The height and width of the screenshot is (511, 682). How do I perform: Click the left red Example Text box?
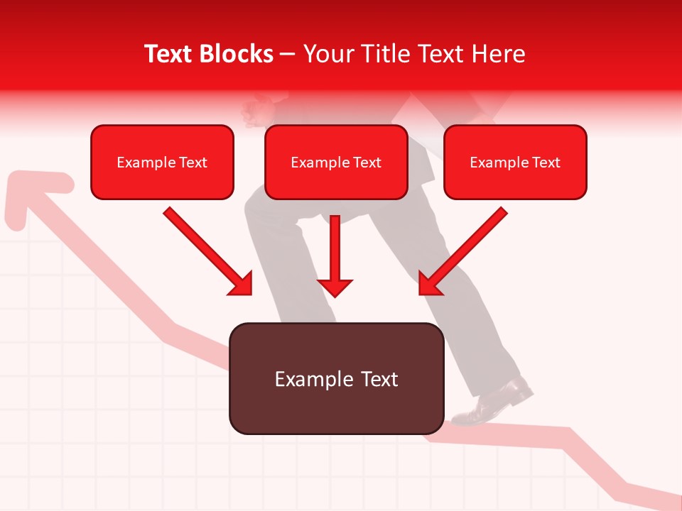[162, 162]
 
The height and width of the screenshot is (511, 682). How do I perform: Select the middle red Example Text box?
[336, 162]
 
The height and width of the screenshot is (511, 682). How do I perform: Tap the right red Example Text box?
[515, 162]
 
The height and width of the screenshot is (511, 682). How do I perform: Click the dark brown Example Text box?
[337, 379]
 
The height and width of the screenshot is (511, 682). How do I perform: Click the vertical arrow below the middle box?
[335, 255]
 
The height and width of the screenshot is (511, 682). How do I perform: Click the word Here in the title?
[498, 54]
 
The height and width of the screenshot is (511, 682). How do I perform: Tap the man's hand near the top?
[259, 110]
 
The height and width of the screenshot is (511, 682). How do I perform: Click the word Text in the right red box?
[546, 162]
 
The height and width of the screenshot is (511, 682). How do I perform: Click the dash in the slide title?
[288, 54]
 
